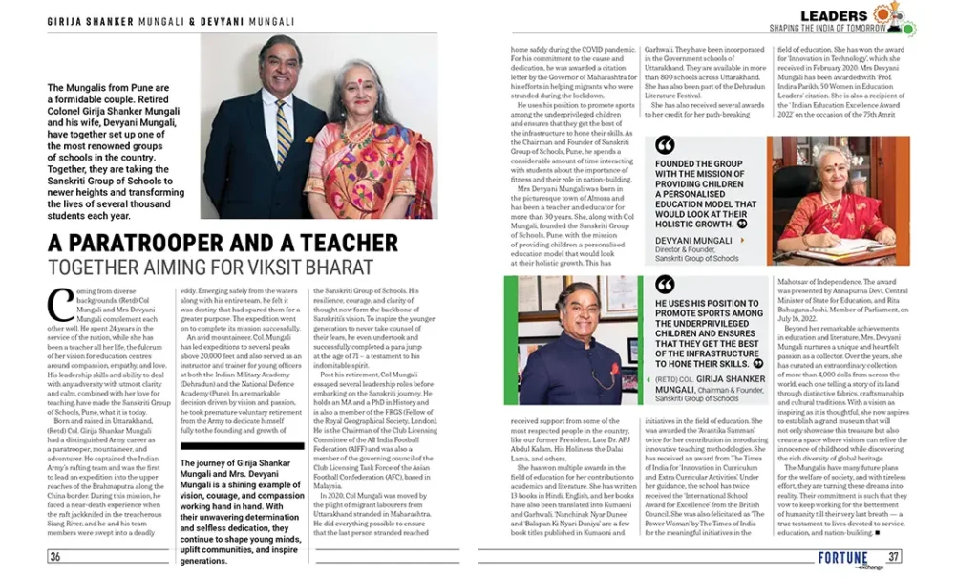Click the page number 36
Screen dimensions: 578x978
[x=55, y=557]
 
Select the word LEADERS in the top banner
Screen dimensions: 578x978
[x=834, y=15]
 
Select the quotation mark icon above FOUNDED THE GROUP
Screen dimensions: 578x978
[x=666, y=145]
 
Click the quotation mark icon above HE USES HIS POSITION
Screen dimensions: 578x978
[x=666, y=285]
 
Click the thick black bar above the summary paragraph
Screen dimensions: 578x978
[x=242, y=445]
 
